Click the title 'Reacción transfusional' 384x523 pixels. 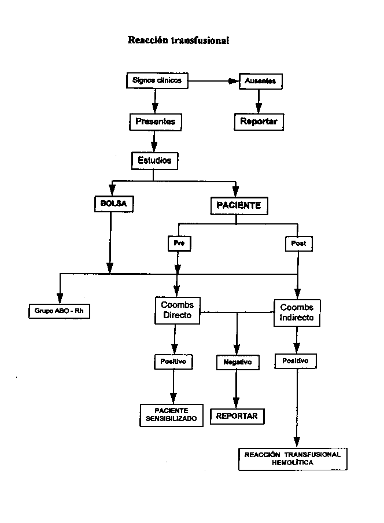tap(178, 40)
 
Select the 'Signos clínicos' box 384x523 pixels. tap(157, 80)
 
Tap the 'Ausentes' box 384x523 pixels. tap(261, 81)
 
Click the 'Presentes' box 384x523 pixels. tap(156, 121)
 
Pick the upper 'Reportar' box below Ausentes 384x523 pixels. tap(259, 121)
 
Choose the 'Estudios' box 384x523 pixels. tap(154, 161)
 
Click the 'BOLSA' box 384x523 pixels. tap(114, 204)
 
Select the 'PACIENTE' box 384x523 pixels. tap(239, 206)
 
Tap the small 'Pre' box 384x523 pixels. tap(179, 244)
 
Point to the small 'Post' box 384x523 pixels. tap(299, 244)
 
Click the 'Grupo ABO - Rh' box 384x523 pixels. tap(59, 311)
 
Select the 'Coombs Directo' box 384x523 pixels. tap(178, 311)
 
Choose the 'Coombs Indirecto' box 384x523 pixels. tap(297, 313)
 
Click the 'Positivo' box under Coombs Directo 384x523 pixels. tap(173, 362)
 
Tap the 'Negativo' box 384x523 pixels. tap(238, 363)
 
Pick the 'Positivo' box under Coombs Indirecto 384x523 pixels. tap(296, 361)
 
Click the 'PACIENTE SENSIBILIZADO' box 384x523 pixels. tap(171, 415)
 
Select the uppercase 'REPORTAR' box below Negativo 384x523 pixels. tap(237, 417)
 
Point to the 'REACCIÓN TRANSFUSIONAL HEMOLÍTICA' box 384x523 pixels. tap(293, 459)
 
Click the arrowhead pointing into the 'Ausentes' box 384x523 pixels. tap(234, 81)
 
